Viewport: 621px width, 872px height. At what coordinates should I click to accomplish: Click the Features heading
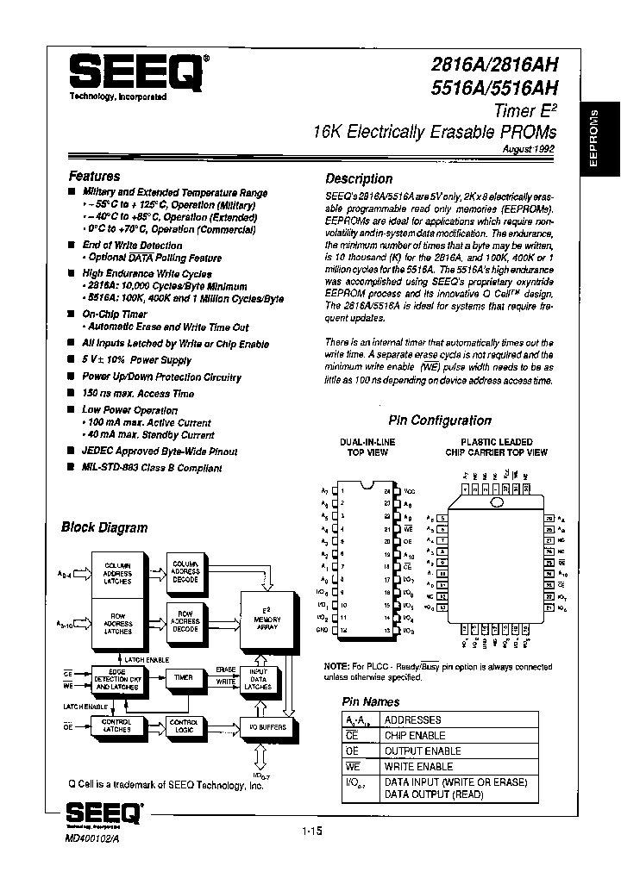(x=95, y=176)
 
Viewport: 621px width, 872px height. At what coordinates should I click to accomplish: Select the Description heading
(x=359, y=179)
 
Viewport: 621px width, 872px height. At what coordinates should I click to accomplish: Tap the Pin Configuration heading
(x=440, y=420)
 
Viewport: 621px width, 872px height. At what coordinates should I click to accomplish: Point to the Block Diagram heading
(x=104, y=527)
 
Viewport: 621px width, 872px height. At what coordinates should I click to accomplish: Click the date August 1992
(x=529, y=148)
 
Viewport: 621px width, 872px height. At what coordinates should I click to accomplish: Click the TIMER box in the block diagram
(x=184, y=678)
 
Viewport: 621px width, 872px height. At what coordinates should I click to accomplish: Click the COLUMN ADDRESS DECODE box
(x=185, y=571)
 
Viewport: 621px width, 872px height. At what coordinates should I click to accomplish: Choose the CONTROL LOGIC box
(x=184, y=726)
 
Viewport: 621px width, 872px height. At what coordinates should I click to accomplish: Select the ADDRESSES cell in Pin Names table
(x=413, y=719)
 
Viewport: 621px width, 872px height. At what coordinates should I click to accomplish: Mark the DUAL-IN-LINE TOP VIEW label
(x=367, y=446)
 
